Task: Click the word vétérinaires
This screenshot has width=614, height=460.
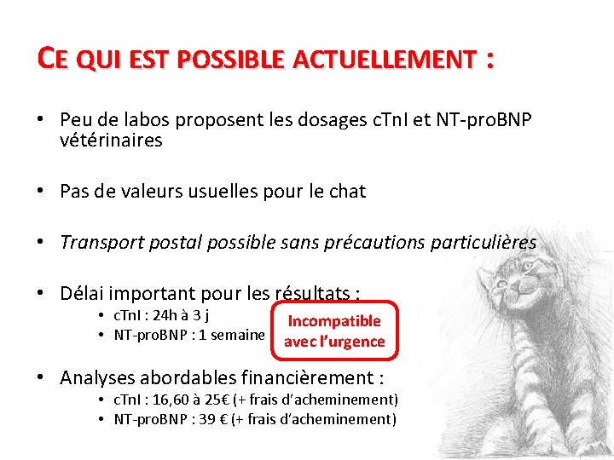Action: (111, 141)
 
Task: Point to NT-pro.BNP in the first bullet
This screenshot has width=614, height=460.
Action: (483, 121)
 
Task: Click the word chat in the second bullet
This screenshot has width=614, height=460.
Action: (347, 192)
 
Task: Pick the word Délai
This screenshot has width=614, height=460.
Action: (83, 294)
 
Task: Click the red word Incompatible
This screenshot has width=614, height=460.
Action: (334, 321)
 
